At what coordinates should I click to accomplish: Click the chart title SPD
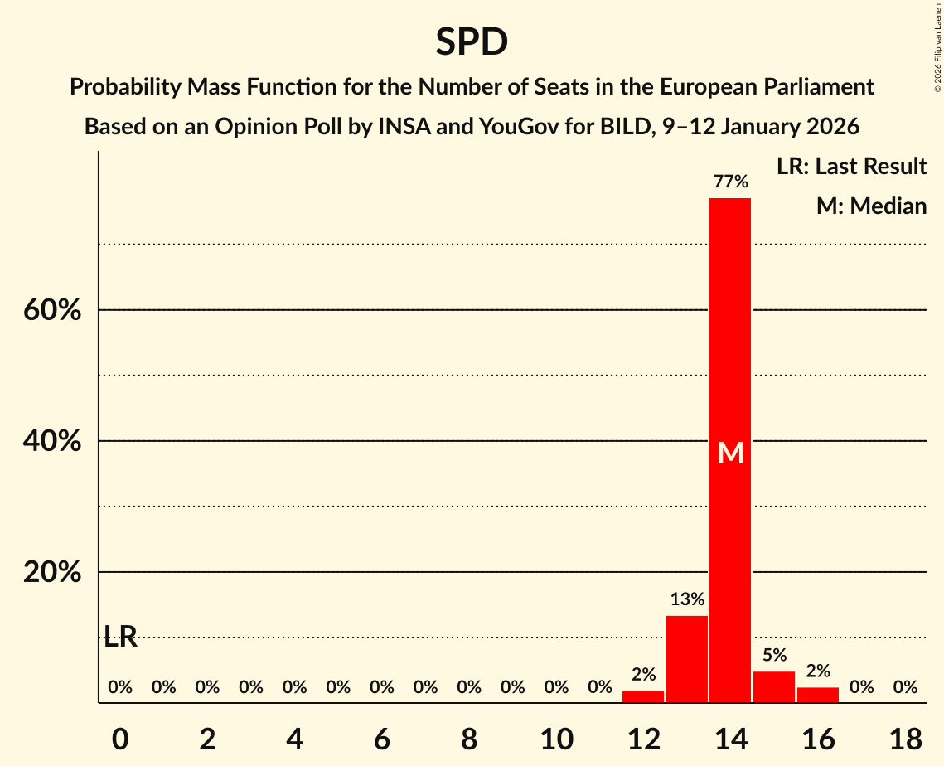point(472,41)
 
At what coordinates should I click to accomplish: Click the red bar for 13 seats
point(687,659)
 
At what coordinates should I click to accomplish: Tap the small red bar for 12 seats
point(643,696)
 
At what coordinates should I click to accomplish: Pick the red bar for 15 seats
point(774,687)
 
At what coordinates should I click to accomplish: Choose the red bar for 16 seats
point(818,695)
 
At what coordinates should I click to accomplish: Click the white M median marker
point(730,453)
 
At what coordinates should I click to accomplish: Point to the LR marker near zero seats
point(121,637)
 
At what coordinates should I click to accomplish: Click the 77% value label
point(730,182)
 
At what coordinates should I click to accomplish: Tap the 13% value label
point(687,599)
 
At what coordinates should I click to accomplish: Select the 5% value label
point(774,655)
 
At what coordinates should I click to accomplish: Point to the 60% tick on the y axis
point(52,310)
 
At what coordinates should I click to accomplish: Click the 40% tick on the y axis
point(52,441)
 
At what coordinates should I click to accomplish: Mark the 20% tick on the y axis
point(52,572)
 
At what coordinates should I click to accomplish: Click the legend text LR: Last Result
point(851,167)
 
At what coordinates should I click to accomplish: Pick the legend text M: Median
point(871,206)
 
